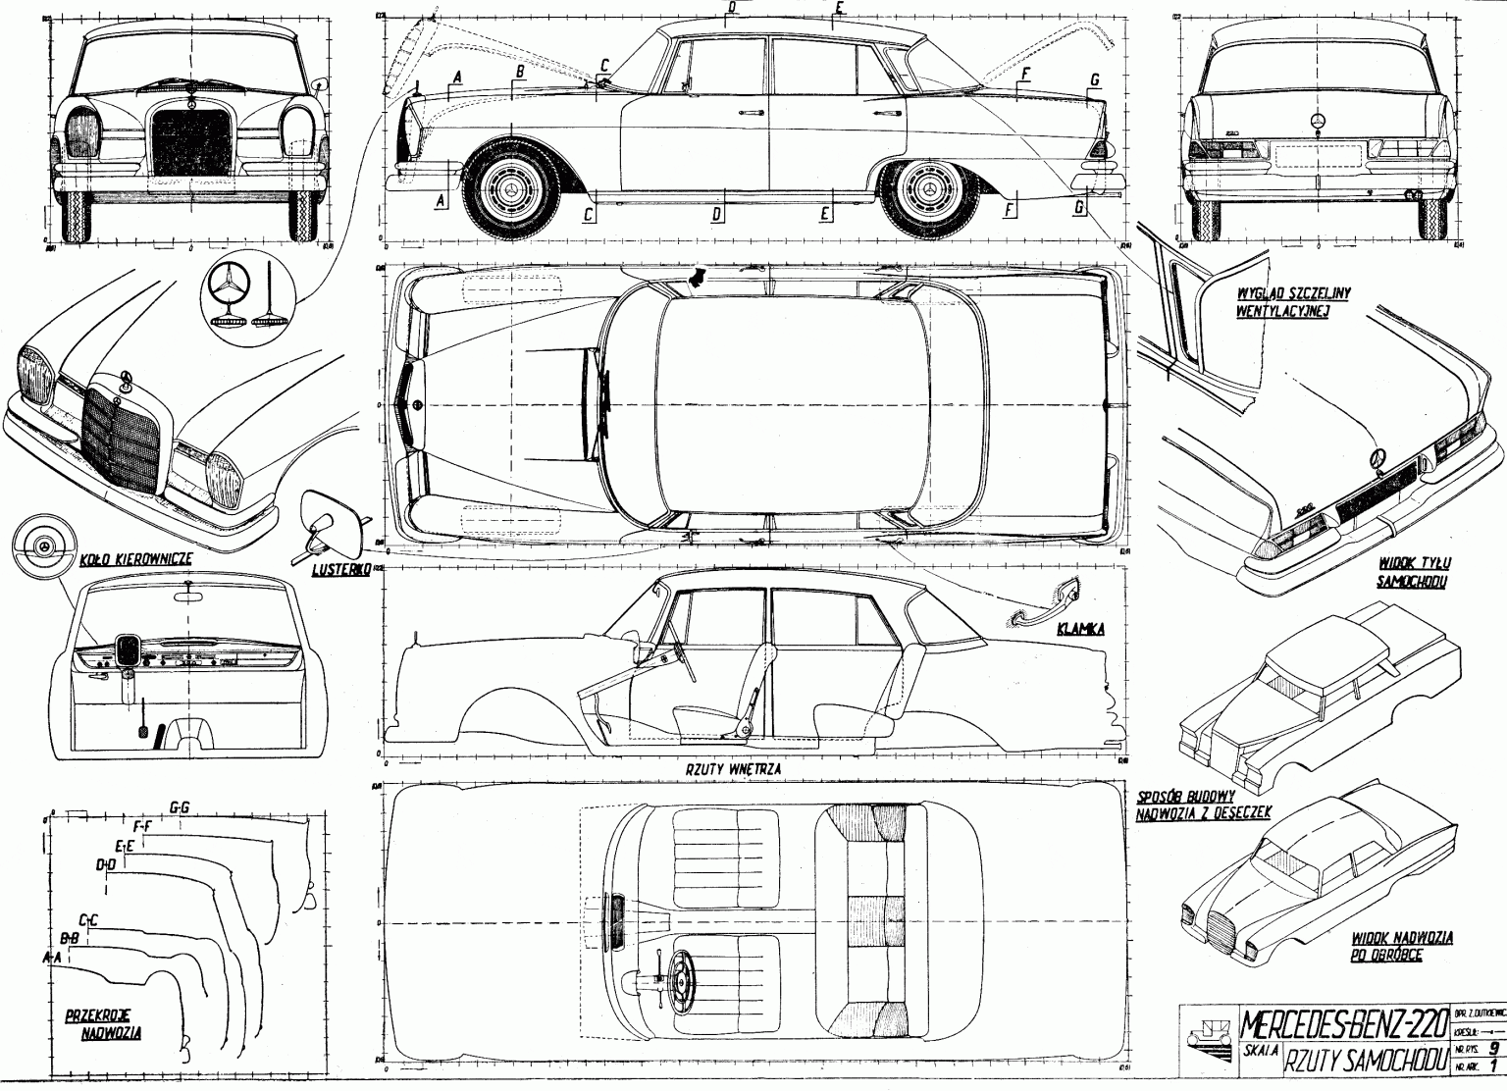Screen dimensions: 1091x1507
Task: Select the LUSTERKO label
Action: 339,569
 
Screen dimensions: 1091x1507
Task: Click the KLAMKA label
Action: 1080,628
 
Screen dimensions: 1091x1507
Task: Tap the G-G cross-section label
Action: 180,807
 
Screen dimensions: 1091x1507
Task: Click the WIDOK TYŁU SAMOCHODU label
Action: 1414,572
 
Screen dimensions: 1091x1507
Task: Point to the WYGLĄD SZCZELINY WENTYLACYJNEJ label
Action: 1281,302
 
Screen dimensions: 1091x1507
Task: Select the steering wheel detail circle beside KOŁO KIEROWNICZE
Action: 43,545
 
